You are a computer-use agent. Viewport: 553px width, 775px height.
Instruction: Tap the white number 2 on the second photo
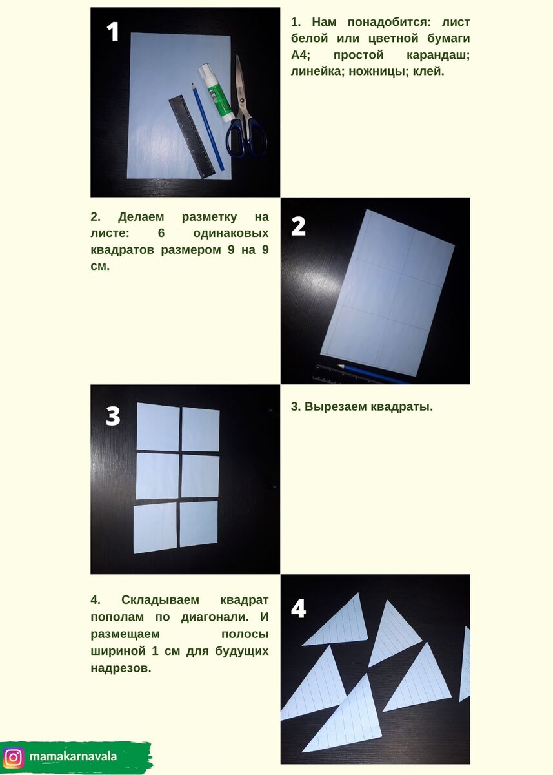[298, 226]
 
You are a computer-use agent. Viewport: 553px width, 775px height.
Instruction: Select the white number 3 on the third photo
[113, 416]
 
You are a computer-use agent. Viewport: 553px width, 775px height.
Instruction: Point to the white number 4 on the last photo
[299, 618]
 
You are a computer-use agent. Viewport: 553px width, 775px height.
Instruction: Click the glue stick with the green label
[215, 92]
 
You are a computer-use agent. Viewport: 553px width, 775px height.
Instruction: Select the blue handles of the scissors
[246, 138]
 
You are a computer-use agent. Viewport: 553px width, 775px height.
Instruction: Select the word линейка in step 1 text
[317, 71]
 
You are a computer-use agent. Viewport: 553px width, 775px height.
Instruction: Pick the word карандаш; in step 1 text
[438, 55]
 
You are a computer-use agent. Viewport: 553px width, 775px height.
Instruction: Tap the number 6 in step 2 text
[161, 233]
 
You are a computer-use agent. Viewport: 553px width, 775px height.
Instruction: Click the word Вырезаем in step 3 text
[336, 406]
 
